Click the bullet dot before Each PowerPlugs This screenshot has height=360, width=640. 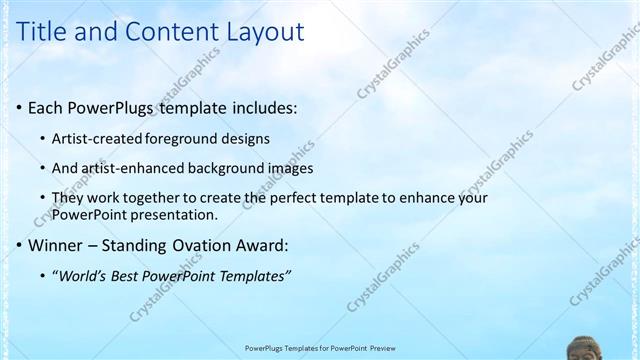coord(19,107)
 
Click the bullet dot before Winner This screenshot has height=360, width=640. coord(19,245)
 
